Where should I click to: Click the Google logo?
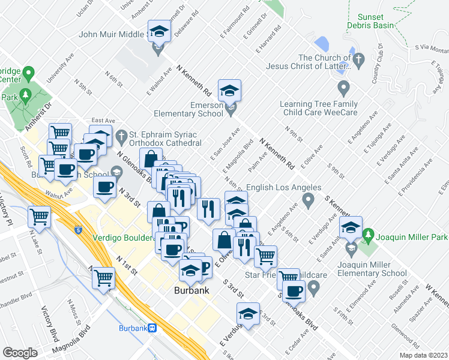[x=20, y=353]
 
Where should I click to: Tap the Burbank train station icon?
[x=154, y=328]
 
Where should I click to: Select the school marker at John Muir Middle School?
[x=159, y=31]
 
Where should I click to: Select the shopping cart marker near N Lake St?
[x=40, y=216]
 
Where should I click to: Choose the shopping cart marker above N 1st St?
[x=104, y=278]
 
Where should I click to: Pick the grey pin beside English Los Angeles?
[x=309, y=199]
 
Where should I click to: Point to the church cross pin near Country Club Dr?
[x=359, y=59]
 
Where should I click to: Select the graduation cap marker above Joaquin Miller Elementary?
[x=351, y=227]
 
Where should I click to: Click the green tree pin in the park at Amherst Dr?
[x=25, y=94]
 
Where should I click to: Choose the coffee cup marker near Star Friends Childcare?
[x=294, y=292]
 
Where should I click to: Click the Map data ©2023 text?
[x=423, y=355]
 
